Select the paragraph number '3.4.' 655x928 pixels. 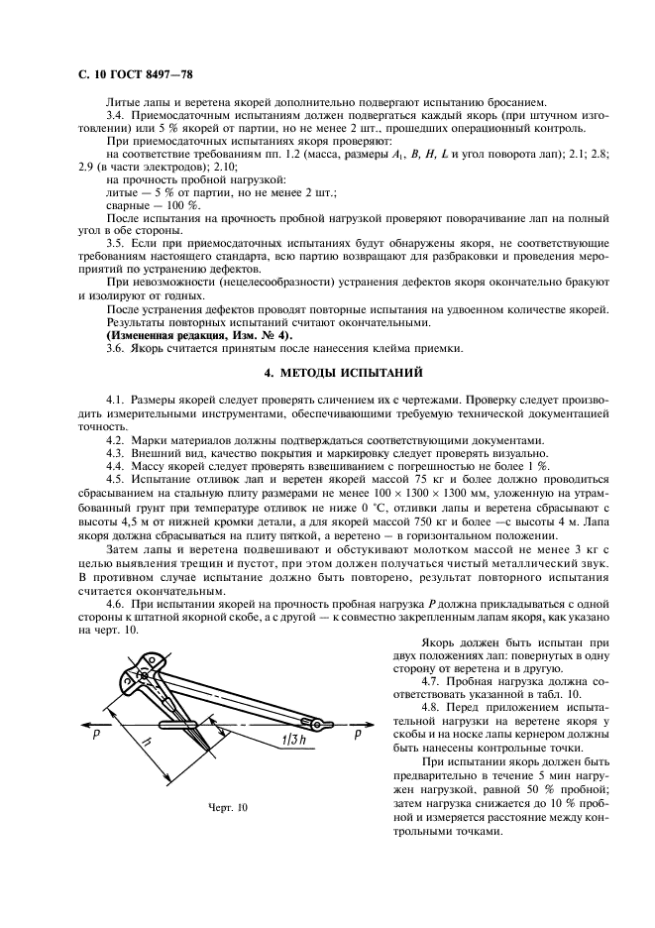(118, 116)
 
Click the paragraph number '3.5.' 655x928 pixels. (118, 243)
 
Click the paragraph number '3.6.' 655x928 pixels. (118, 347)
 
